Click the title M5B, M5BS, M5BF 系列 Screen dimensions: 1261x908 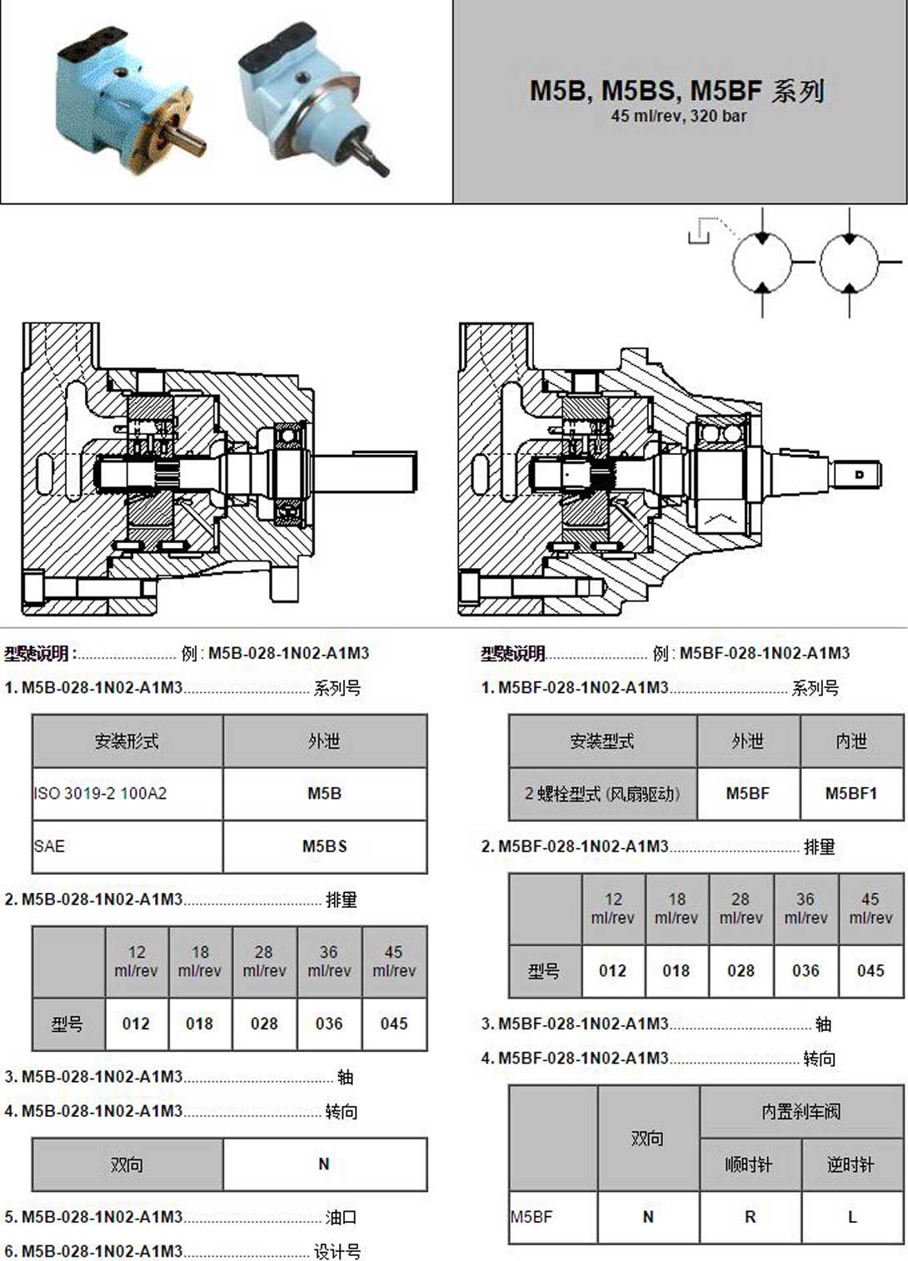point(677,90)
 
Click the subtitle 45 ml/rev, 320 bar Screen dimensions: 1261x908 point(678,117)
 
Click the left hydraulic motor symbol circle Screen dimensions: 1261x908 point(761,262)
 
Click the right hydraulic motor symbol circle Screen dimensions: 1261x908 point(849,262)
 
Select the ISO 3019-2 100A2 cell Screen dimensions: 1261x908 point(127,794)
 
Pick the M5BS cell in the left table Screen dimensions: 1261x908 point(324,846)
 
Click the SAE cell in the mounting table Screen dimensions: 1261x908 point(127,846)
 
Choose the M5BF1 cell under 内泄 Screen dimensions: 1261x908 point(851,794)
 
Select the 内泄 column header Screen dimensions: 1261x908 point(851,741)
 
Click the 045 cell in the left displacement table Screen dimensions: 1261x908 point(394,1024)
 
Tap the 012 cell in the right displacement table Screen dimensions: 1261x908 point(612,970)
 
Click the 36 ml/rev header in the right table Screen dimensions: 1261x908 point(806,909)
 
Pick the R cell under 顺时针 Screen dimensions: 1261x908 point(750,1217)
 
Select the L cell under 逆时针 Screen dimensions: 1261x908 point(851,1217)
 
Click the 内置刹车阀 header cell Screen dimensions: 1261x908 point(801,1111)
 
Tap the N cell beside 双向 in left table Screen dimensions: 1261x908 point(324,1164)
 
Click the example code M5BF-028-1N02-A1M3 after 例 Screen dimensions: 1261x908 point(764,653)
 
